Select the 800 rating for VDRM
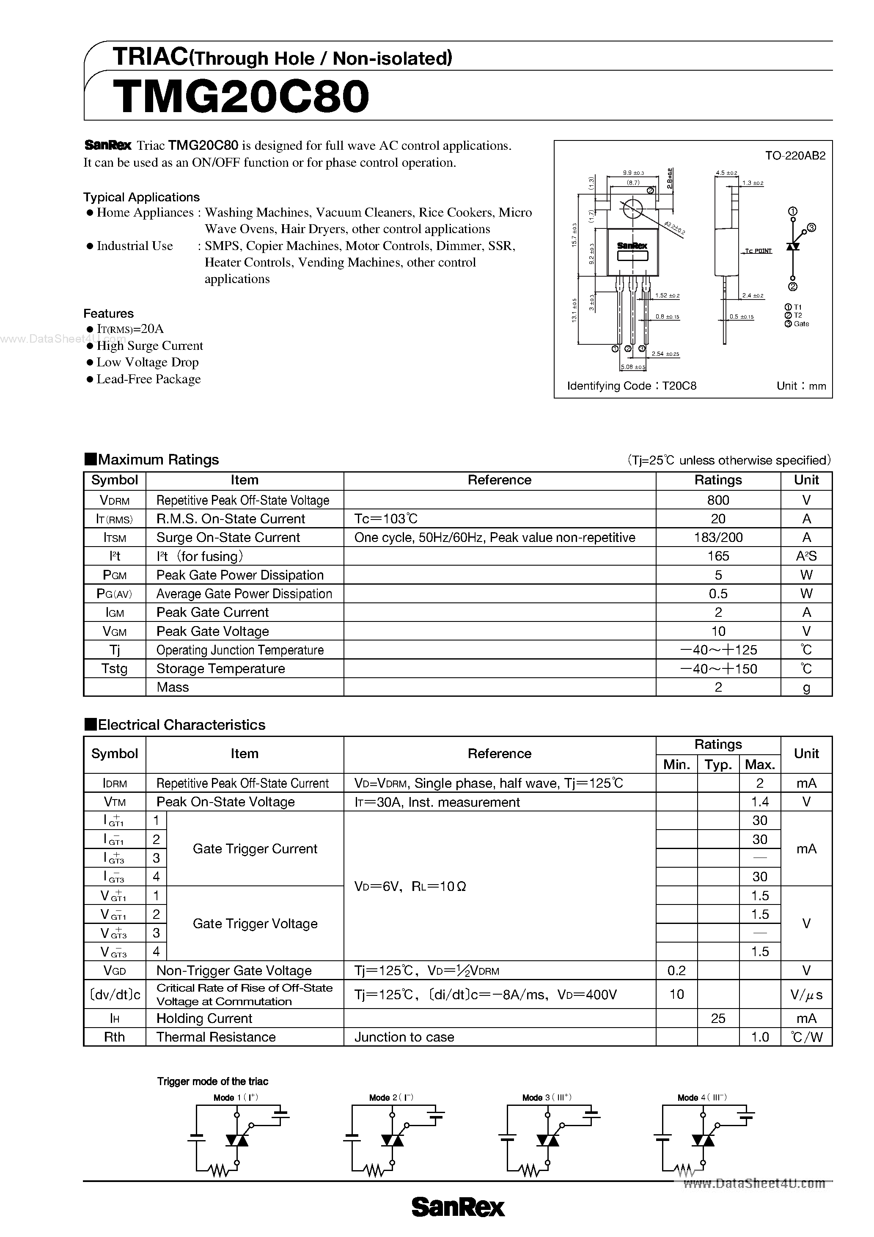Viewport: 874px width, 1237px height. point(718,500)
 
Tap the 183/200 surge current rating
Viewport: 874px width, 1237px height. point(718,537)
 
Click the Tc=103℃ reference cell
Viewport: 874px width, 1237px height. point(386,519)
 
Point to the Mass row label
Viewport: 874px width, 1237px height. point(173,687)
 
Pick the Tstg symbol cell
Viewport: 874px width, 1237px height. point(114,668)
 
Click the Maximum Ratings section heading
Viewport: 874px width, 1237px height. point(158,459)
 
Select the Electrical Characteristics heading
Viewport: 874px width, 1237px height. point(181,725)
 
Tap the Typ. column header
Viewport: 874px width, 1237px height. point(718,764)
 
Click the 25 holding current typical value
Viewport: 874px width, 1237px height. point(718,1018)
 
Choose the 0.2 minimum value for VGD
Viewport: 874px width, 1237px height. point(676,970)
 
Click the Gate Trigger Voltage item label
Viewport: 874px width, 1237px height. point(255,924)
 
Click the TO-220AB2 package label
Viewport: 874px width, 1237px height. point(795,156)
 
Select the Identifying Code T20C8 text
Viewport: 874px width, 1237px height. point(632,386)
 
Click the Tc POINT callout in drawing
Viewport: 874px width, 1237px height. point(759,251)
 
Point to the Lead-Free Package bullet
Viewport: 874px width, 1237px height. point(148,379)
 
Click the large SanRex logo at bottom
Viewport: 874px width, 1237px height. point(458,1207)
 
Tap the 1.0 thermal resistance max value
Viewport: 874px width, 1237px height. point(759,1037)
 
